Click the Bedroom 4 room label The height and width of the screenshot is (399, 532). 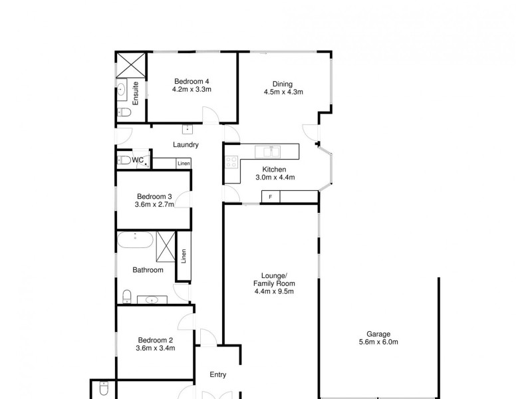click(192, 80)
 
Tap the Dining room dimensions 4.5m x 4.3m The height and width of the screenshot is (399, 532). click(283, 92)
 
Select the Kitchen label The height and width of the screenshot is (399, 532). click(275, 169)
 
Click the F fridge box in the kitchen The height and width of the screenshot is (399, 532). click(270, 196)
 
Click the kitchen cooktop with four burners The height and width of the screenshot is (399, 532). click(231, 162)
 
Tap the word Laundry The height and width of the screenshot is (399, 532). click(186, 144)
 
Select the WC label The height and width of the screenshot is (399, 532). click(138, 160)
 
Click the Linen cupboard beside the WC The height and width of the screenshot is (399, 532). click(184, 163)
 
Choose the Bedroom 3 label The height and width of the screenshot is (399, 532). click(155, 196)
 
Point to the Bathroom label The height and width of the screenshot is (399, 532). click(148, 270)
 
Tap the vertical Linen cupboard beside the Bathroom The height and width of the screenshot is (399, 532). click(184, 256)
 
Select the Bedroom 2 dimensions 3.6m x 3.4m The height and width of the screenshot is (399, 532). click(155, 346)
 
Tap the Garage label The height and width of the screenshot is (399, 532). click(378, 334)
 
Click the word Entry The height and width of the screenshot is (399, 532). click(218, 374)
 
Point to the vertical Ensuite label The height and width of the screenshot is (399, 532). click(136, 93)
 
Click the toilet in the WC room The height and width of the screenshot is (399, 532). click(124, 160)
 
